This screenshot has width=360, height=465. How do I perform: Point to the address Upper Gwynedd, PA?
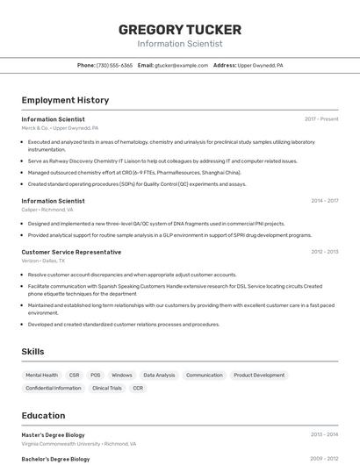[x=260, y=65]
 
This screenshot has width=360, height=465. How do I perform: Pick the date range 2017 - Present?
[x=321, y=119]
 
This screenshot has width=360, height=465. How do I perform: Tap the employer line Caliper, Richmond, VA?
[x=47, y=210]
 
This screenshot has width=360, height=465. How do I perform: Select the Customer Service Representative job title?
[x=71, y=252]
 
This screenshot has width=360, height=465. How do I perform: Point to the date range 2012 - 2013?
[x=324, y=252]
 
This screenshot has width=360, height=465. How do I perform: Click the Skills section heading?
[x=33, y=352]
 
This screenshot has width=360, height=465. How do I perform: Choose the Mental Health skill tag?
[x=41, y=375]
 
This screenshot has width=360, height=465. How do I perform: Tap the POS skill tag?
[x=96, y=375]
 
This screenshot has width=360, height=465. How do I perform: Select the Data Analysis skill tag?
[x=159, y=375]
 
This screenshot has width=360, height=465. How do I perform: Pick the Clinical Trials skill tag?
[x=107, y=388]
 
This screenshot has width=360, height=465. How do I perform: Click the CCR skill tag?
[x=138, y=388]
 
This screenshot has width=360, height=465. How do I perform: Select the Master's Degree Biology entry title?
[x=53, y=434]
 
